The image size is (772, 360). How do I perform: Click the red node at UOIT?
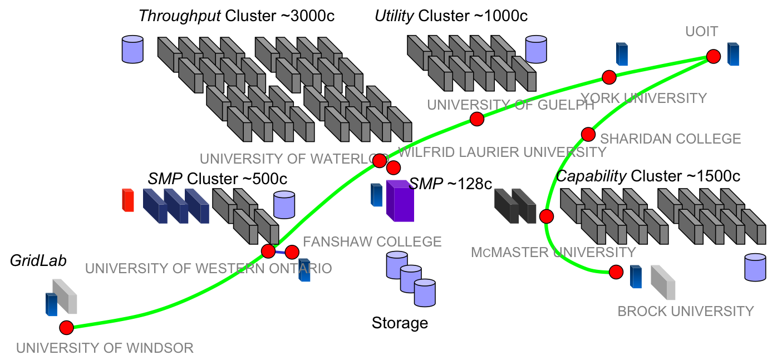coord(713,56)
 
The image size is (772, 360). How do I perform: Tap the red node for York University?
coord(609,77)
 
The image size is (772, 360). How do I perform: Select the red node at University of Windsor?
coord(66,327)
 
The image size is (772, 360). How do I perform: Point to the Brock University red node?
coord(616,272)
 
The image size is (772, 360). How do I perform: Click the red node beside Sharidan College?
coord(588,134)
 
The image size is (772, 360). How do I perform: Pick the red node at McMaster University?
coord(547,216)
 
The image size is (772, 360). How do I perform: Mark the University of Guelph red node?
coord(476,119)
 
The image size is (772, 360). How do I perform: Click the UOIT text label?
coord(701,32)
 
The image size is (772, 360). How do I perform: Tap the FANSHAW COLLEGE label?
coord(372,241)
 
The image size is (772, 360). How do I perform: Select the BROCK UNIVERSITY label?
coord(685,311)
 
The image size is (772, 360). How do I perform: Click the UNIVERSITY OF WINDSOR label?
coord(105,348)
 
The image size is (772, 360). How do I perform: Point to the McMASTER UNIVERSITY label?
coord(553,253)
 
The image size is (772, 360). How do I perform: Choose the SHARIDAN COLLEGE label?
coord(670,139)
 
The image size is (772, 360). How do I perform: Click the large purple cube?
coord(400,201)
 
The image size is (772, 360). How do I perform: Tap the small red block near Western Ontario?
coord(128,200)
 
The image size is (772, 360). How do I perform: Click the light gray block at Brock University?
coord(663,283)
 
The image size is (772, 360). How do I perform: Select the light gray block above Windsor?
coord(65,296)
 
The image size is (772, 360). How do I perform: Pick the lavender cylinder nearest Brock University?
coord(755,267)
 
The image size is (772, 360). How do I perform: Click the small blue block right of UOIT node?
coord(734,55)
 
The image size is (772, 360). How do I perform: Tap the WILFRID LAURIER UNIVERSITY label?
coord(502,152)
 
